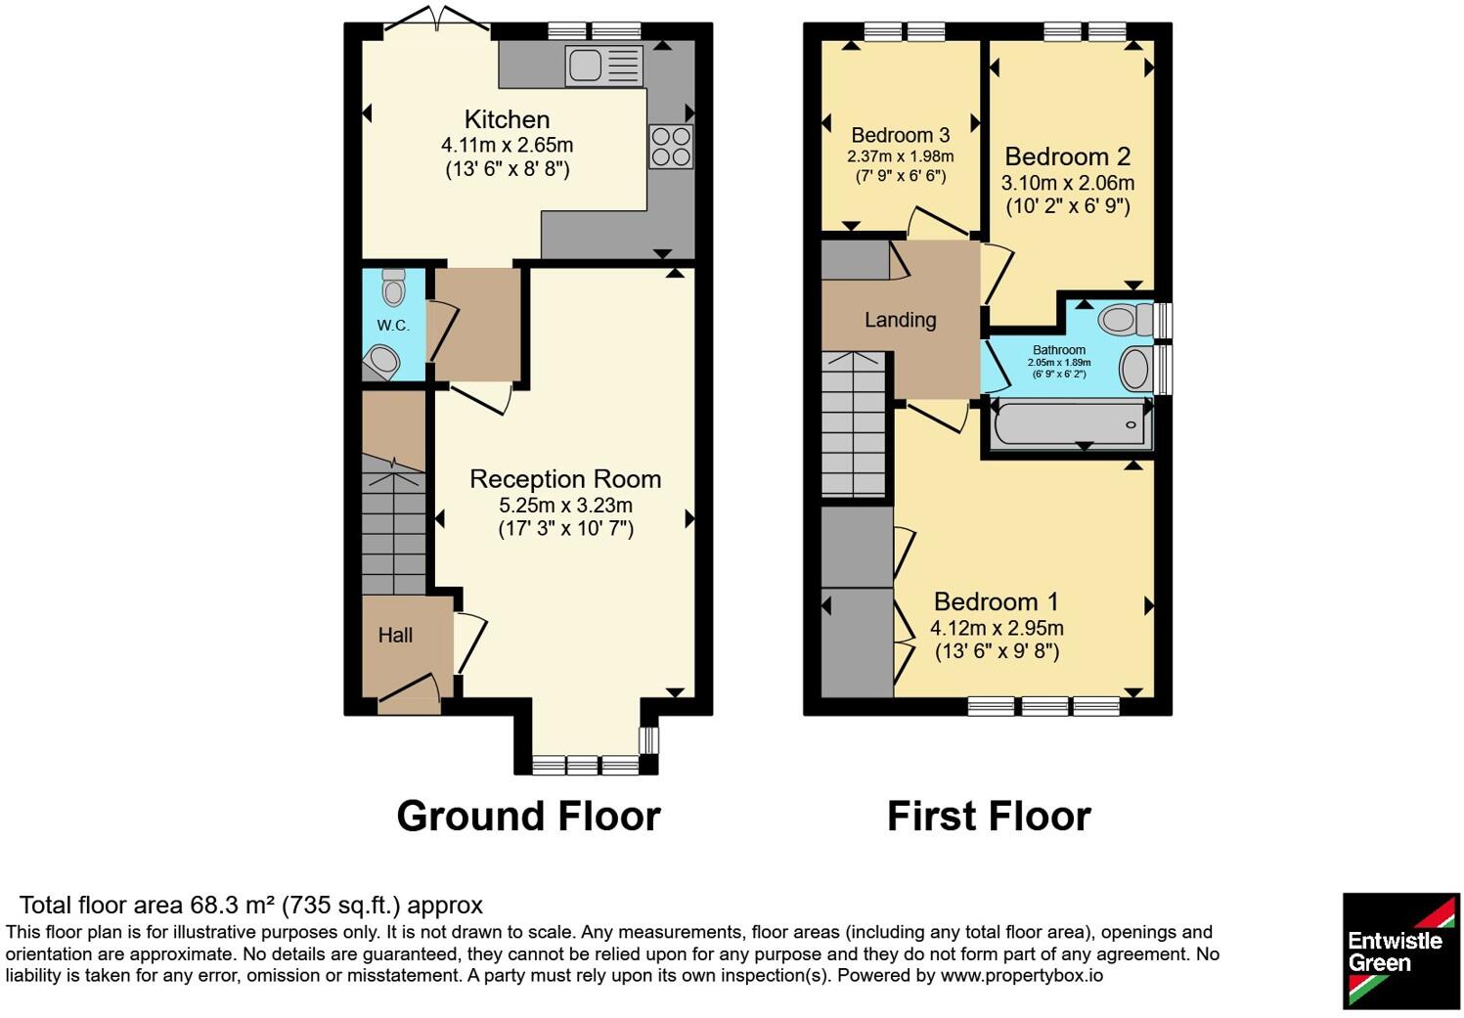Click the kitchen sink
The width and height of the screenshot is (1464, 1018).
click(x=604, y=66)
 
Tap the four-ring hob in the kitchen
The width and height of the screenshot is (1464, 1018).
click(x=671, y=147)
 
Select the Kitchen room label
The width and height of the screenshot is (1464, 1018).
click(x=507, y=119)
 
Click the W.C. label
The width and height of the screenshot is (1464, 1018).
click(x=393, y=326)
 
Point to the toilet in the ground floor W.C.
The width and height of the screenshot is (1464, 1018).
click(x=393, y=287)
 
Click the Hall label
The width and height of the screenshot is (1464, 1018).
click(x=395, y=635)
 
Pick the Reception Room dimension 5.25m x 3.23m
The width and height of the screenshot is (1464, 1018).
click(x=565, y=505)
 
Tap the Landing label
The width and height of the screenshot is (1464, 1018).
click(x=900, y=320)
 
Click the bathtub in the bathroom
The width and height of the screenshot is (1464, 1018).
click(x=1071, y=425)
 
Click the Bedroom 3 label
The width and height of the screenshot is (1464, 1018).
click(x=900, y=135)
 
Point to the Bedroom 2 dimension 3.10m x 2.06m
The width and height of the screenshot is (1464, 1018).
click(x=1068, y=183)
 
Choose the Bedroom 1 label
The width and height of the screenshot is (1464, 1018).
click(x=996, y=601)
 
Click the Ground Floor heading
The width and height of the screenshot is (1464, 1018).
click(x=529, y=817)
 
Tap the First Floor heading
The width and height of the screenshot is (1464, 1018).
click(x=989, y=817)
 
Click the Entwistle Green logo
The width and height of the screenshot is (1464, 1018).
click(x=1400, y=951)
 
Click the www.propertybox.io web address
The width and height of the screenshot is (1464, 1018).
click(x=1022, y=976)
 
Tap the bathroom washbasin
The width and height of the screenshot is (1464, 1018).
click(x=1135, y=369)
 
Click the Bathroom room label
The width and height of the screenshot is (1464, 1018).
click(x=1059, y=350)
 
